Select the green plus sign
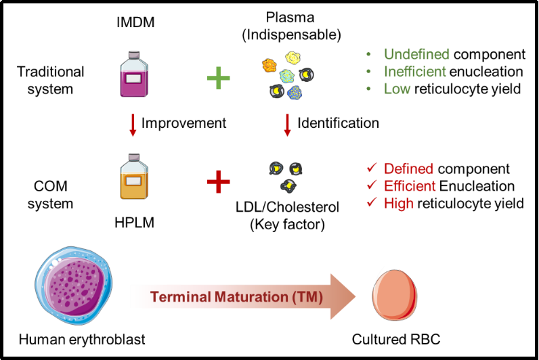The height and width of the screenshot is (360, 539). pyautogui.click(x=218, y=78)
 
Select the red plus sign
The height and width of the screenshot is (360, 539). pyautogui.click(x=218, y=181)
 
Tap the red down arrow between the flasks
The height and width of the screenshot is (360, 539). pyautogui.click(x=133, y=125)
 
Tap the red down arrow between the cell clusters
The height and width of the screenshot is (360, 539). pyautogui.click(x=287, y=125)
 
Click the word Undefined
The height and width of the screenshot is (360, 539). pyautogui.click(x=416, y=54)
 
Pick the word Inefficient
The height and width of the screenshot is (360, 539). pyautogui.click(x=414, y=71)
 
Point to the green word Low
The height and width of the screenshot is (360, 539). pyautogui.click(x=397, y=89)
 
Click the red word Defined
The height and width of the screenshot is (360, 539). pyautogui.click(x=408, y=168)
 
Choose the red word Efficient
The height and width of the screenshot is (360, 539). pyautogui.click(x=410, y=185)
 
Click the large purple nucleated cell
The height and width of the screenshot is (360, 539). pyautogui.click(x=74, y=286)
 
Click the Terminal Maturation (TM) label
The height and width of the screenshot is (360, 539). pyautogui.click(x=236, y=296)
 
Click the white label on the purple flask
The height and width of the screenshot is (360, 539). pyautogui.click(x=133, y=79)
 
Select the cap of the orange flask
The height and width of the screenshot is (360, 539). pyautogui.click(x=133, y=156)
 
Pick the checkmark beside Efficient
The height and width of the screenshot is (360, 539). pyautogui.click(x=372, y=185)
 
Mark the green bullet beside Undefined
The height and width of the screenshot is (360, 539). pyautogui.click(x=368, y=54)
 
